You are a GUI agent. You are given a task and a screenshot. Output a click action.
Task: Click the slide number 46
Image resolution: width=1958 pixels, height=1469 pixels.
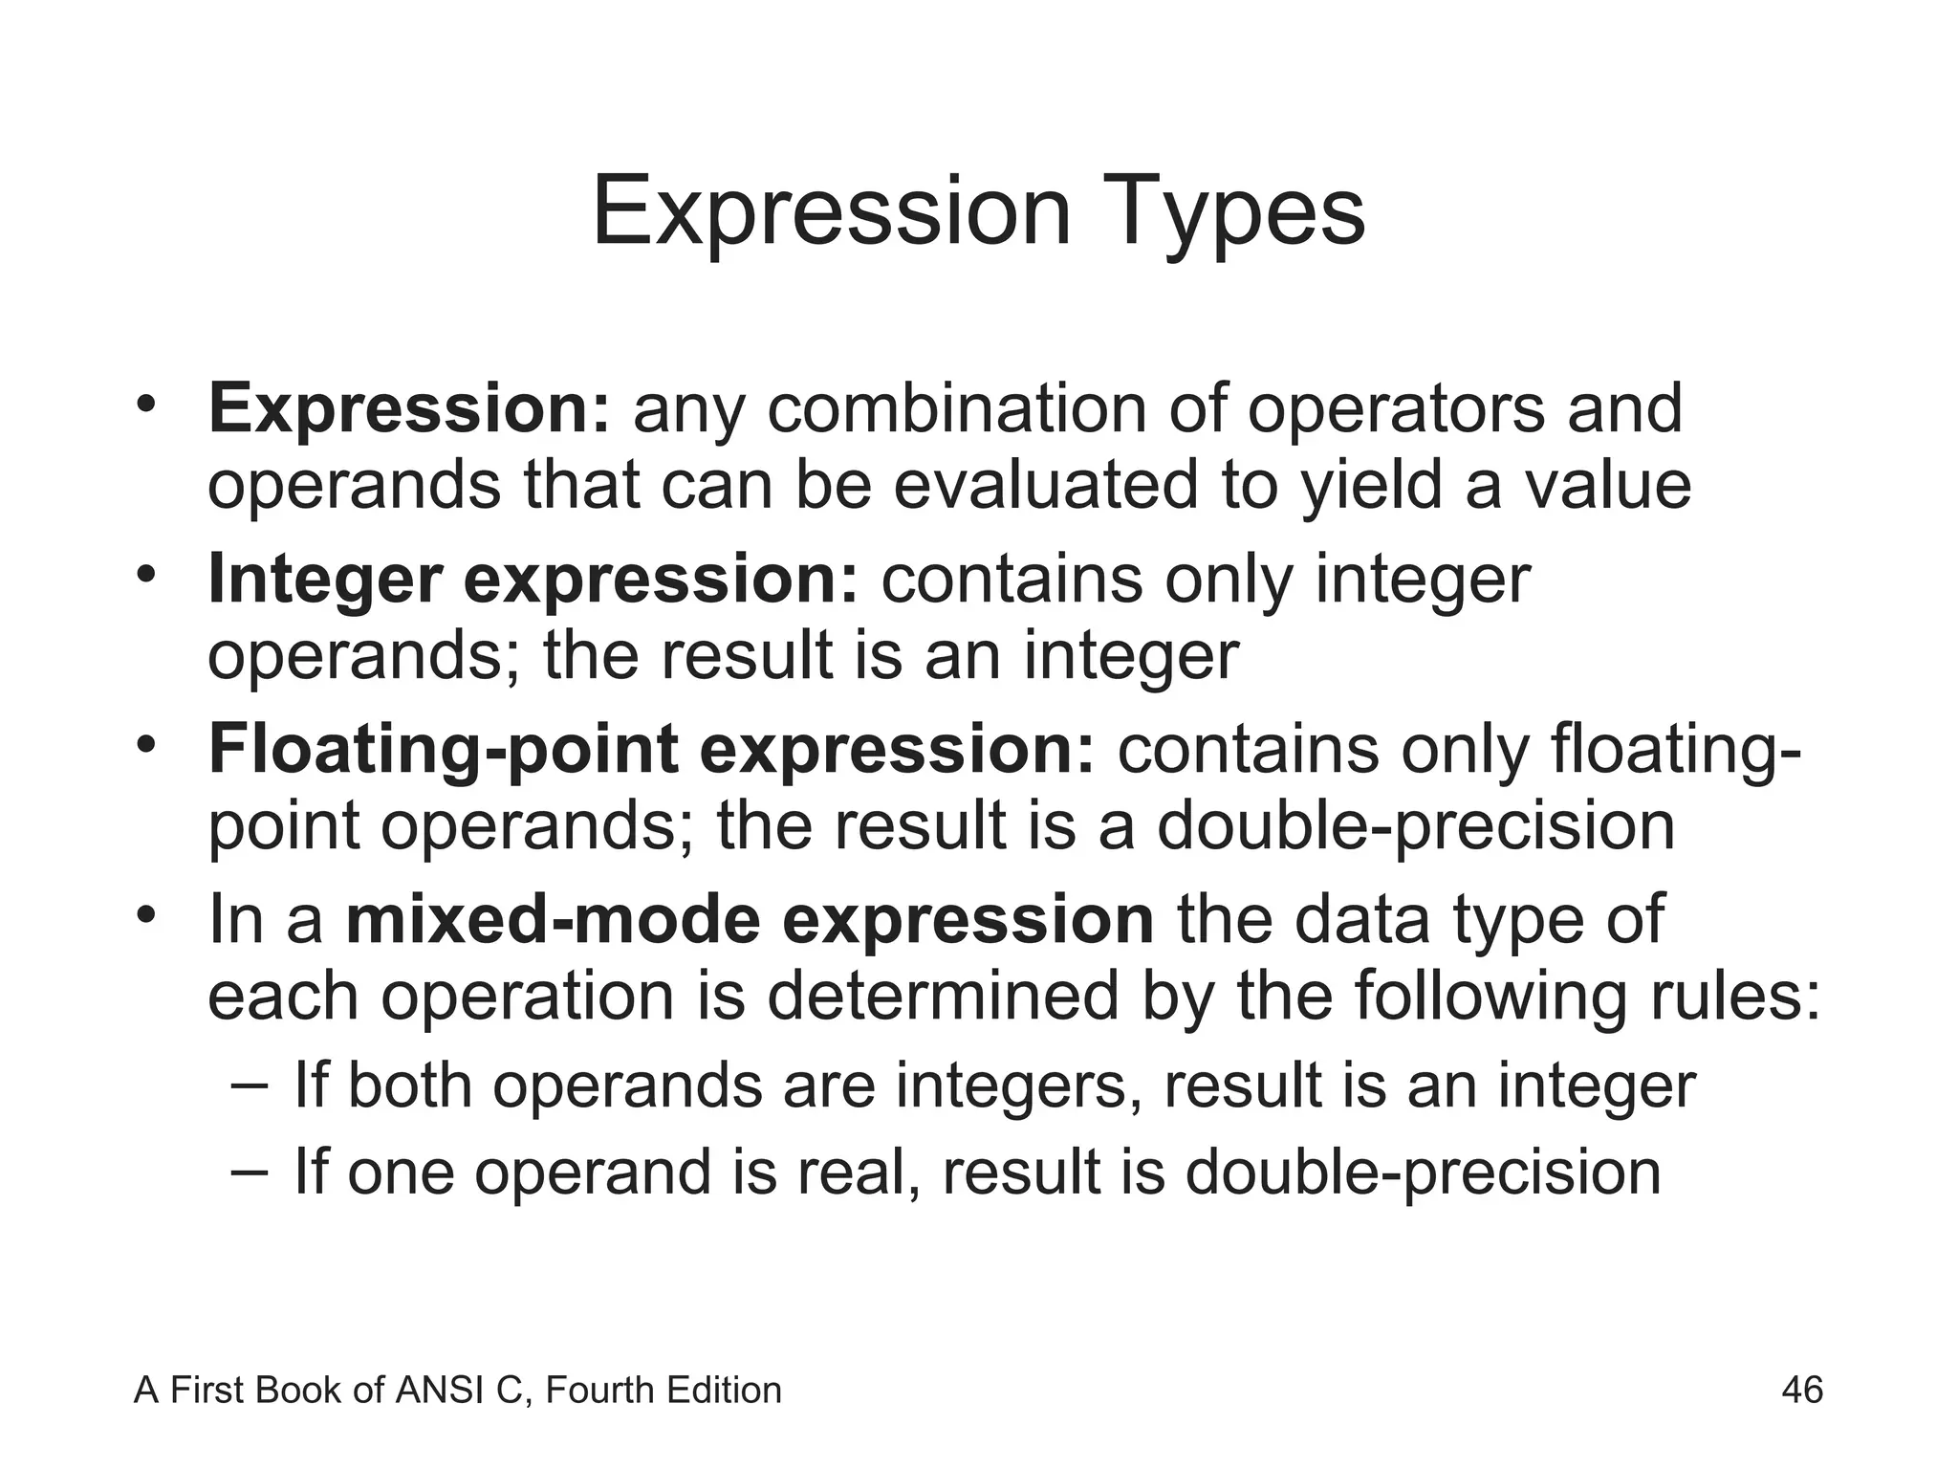click(1802, 1390)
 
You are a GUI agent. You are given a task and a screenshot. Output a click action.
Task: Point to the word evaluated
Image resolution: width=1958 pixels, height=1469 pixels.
click(1044, 484)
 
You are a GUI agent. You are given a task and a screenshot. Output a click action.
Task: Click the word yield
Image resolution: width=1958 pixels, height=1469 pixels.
click(1373, 484)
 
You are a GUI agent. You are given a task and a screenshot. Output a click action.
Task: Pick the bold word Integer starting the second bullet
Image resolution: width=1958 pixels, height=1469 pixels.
click(325, 580)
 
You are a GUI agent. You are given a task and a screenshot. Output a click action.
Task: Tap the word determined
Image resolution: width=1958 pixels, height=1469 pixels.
click(942, 996)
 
